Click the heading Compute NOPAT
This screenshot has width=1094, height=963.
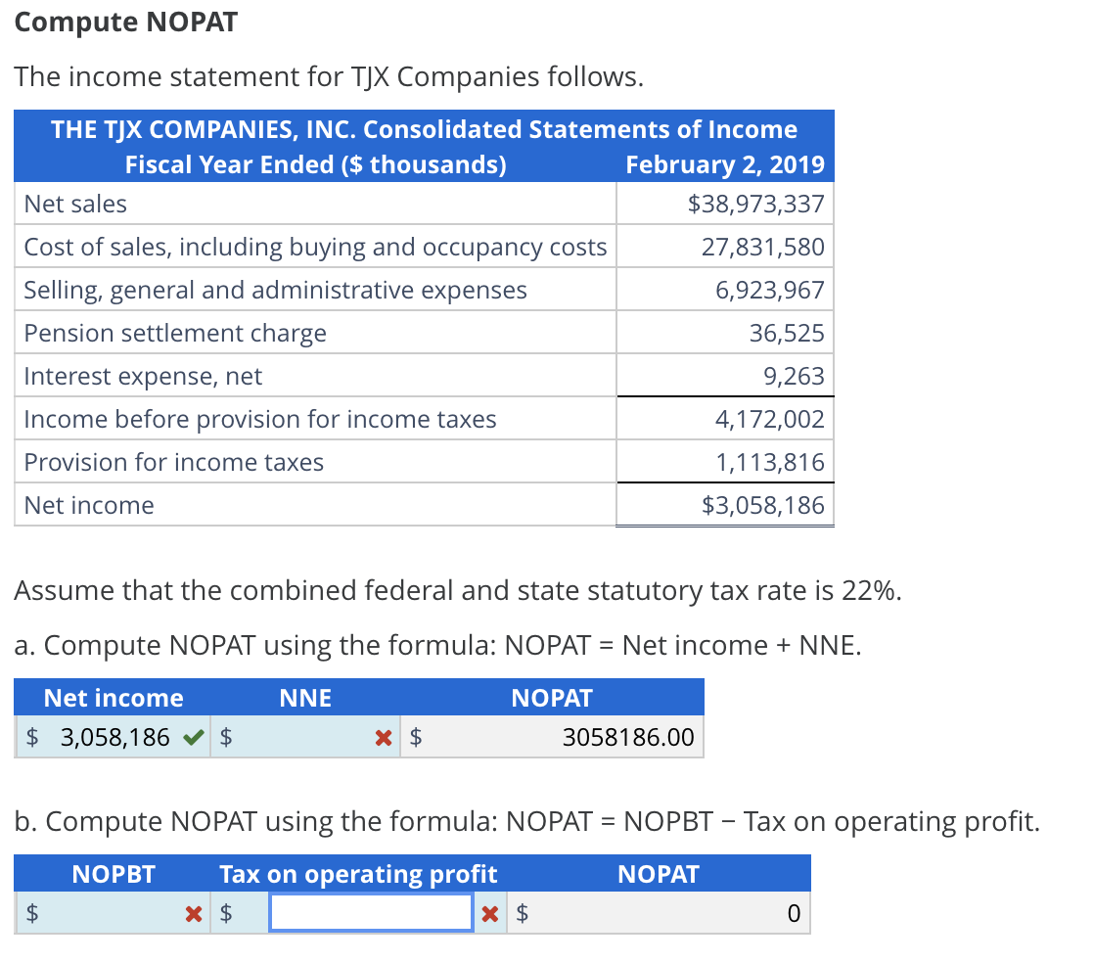(126, 23)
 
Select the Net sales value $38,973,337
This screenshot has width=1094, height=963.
(756, 204)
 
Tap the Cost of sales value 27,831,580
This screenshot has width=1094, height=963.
(763, 247)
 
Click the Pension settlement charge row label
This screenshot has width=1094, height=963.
(175, 333)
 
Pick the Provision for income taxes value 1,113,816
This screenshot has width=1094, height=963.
(770, 462)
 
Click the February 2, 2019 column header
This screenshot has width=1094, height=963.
(725, 164)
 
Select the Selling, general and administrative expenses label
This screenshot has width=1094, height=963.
(275, 290)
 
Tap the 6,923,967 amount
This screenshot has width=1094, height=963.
(770, 290)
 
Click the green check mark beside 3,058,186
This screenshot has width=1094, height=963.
(195, 736)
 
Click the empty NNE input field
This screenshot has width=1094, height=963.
(303, 737)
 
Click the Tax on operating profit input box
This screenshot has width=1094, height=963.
(371, 913)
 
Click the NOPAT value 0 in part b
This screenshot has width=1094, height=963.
(794, 914)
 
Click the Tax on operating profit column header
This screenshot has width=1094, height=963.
(358, 874)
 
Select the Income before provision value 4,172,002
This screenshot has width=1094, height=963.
(770, 419)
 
